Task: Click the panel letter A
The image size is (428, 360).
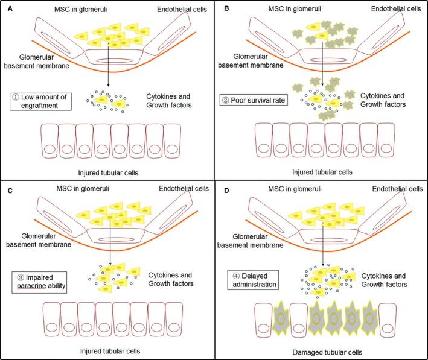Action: [x=5, y=7]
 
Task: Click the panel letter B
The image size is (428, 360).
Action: [x=220, y=7]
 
